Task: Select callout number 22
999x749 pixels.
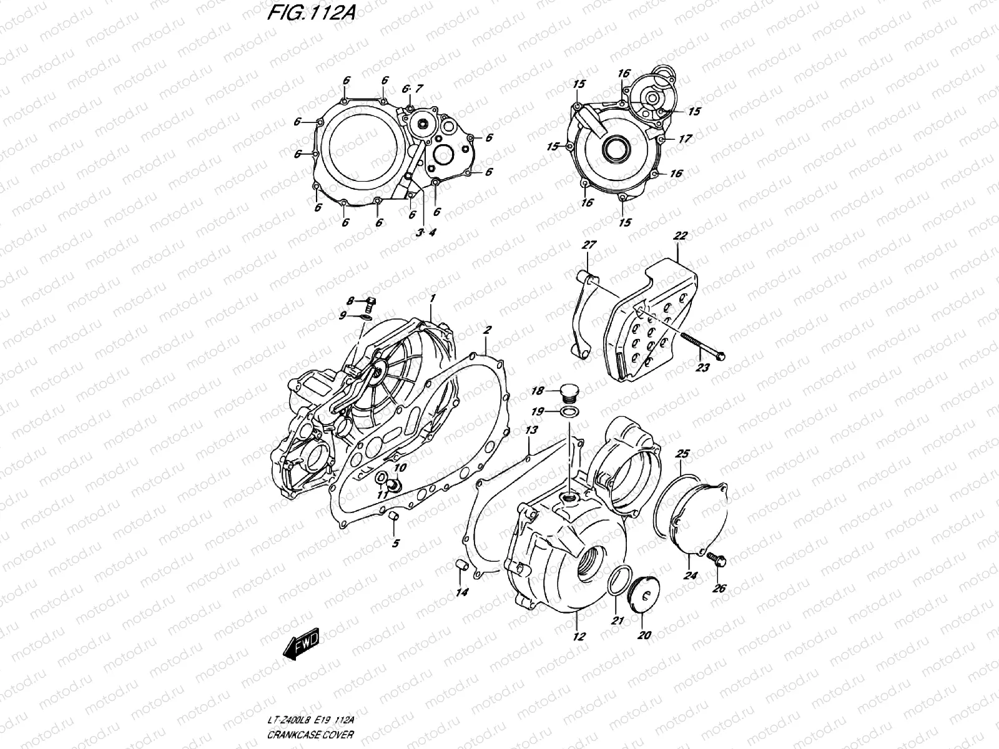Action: coord(681,235)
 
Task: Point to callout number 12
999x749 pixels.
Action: coord(579,637)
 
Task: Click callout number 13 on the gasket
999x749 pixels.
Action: coord(531,430)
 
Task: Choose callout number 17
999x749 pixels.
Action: coord(685,139)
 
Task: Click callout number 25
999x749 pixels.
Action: coord(683,453)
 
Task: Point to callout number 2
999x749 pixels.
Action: coord(487,329)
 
